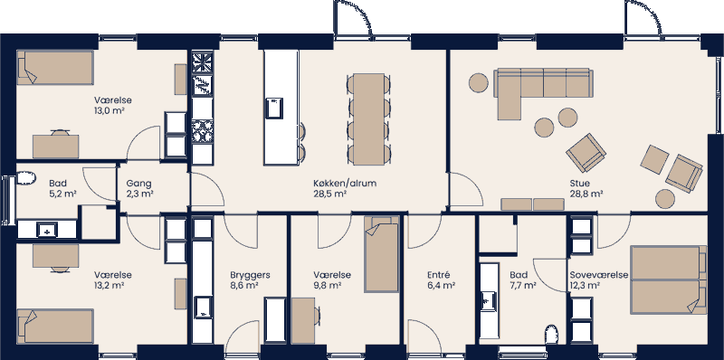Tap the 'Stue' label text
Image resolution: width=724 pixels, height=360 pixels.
[579, 182]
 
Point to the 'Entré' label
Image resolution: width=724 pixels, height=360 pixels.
[439, 274]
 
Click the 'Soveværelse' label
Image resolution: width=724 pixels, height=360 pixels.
[599, 274]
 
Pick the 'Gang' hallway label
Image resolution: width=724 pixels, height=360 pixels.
[139, 182]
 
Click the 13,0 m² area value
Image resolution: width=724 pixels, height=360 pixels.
[109, 110]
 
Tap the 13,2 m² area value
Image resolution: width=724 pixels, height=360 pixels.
[109, 285]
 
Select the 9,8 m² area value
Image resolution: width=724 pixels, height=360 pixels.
[327, 285]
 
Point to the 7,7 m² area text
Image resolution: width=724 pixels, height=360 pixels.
[522, 285]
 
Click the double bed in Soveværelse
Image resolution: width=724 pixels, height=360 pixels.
[668, 279]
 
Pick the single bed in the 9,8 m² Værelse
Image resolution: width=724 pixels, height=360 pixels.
[381, 254]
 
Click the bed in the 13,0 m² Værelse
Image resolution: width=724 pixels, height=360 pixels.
[56, 68]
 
